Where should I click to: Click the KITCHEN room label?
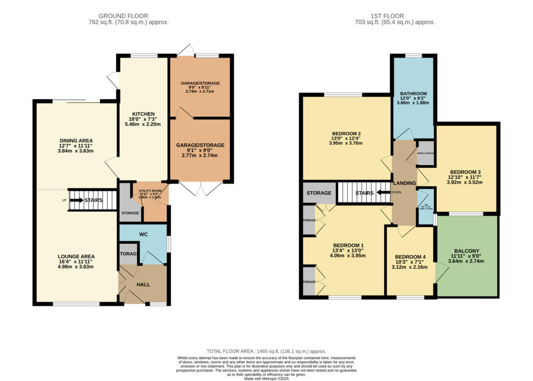143,114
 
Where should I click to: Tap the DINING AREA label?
75,140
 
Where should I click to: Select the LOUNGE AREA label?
75,256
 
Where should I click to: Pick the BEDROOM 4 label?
410,257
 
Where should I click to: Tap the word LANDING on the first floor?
404,183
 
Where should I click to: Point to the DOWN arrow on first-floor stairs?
384,192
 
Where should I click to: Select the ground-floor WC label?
144,234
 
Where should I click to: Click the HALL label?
143,285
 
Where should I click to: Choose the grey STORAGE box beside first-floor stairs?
319,193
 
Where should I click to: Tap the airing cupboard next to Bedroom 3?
426,154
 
